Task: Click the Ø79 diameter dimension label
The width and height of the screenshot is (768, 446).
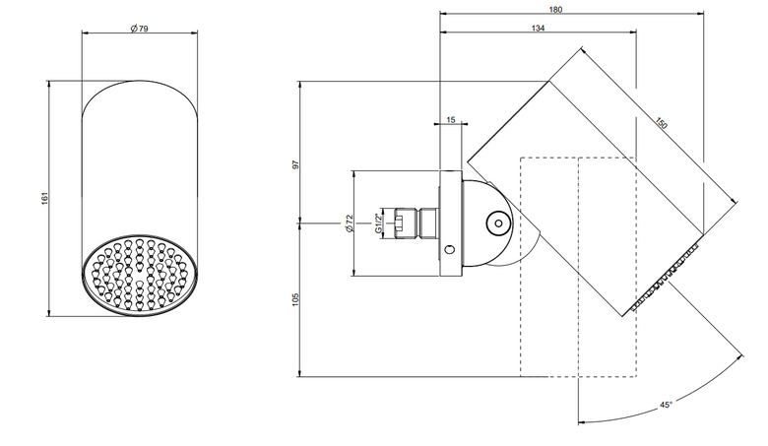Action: [x=140, y=29]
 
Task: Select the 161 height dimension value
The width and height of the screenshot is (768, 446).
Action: [x=44, y=198]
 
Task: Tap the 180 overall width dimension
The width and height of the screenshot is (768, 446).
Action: [x=556, y=9]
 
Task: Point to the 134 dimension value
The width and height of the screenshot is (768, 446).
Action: [x=538, y=29]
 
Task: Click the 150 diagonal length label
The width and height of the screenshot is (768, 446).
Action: [x=661, y=123]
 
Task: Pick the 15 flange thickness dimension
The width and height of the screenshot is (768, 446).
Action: [x=451, y=119]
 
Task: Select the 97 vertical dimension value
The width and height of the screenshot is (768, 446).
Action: [x=295, y=165]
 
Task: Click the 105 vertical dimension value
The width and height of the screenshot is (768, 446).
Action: [x=295, y=299]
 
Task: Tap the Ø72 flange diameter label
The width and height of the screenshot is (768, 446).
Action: [x=349, y=223]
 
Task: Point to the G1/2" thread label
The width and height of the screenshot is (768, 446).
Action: [x=378, y=223]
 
